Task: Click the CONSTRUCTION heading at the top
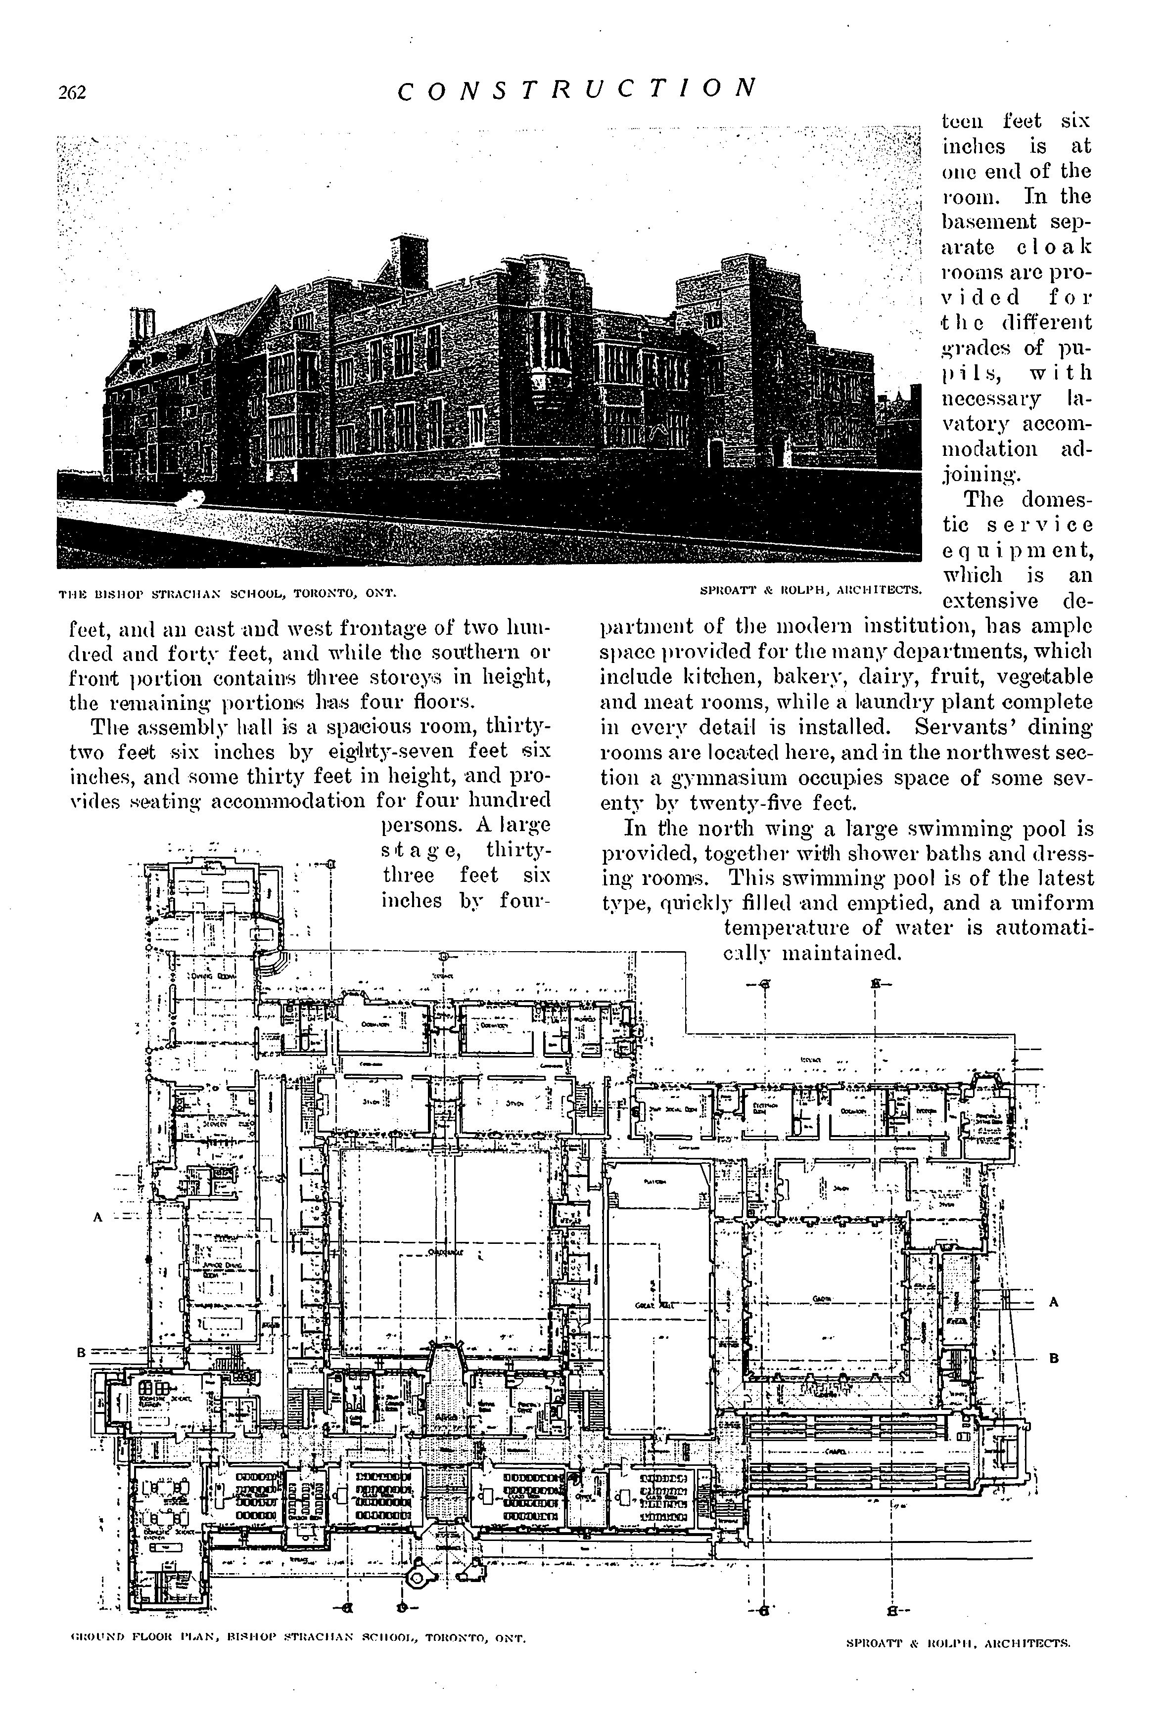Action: [577, 88]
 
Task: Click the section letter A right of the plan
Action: [1054, 1303]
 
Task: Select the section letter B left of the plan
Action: [82, 1353]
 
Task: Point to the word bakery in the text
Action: [804, 677]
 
